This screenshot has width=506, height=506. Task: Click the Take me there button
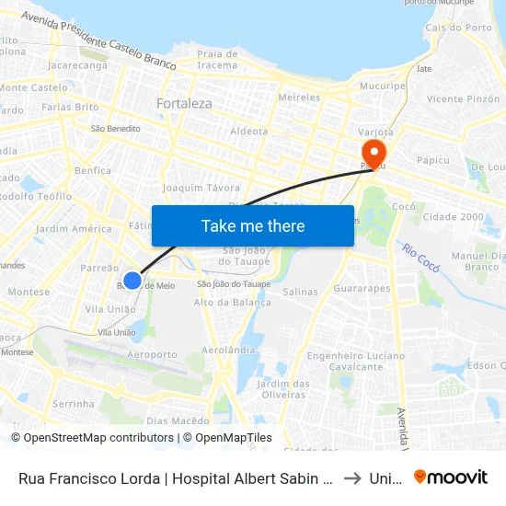tap(253, 225)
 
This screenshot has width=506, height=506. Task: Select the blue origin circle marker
tap(132, 281)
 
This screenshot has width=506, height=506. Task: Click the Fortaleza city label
tap(184, 104)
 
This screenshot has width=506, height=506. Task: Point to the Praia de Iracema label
tap(218, 60)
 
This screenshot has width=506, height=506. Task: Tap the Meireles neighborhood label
tap(299, 97)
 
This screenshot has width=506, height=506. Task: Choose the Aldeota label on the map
tap(249, 132)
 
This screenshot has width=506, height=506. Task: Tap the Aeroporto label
tap(152, 354)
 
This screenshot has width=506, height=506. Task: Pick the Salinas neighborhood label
tap(301, 292)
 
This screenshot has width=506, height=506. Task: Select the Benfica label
tap(94, 170)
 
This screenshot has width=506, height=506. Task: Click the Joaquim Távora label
tap(201, 188)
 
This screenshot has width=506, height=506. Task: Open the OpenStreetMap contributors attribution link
tap(92, 438)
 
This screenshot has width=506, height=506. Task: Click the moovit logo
tap(451, 477)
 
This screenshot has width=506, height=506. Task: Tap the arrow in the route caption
tap(351, 478)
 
